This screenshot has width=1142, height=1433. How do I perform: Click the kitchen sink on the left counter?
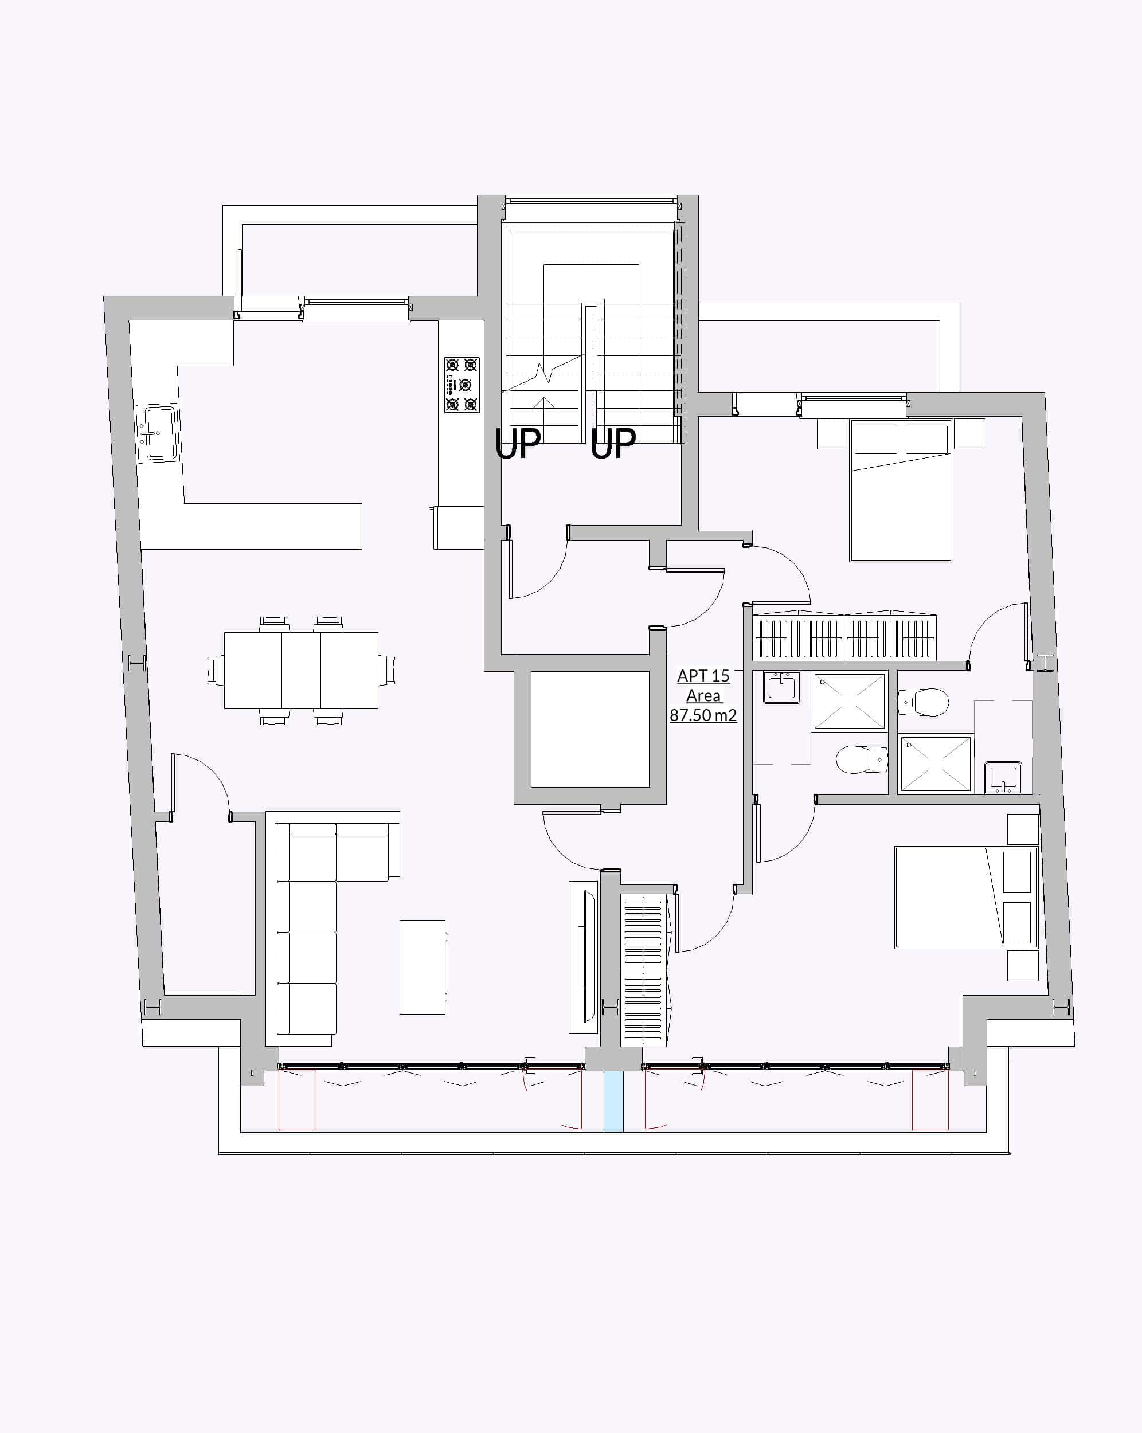coord(158,433)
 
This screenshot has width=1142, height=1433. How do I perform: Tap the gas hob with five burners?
coord(462,385)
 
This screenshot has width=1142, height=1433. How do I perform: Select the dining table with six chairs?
coord(301,670)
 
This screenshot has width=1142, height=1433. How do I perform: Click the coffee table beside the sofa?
coord(422,967)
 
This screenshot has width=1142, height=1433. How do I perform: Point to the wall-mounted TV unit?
coord(584,957)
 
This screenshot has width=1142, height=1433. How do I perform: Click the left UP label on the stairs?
coord(518,444)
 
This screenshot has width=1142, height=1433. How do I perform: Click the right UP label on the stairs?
coord(613,444)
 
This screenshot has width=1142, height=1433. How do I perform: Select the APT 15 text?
coord(703,675)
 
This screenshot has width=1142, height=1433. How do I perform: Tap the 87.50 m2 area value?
coord(703,715)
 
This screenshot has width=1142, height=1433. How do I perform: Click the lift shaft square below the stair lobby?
coord(589,729)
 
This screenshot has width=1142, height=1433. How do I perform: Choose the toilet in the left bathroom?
coord(862,759)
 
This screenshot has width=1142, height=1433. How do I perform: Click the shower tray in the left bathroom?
coord(850,701)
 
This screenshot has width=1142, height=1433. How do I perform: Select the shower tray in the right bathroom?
coord(934,764)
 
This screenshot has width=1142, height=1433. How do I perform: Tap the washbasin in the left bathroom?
coord(782,687)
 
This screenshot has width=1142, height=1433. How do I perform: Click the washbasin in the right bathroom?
coord(1003,777)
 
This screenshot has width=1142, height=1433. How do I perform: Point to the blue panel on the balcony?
coord(613,1102)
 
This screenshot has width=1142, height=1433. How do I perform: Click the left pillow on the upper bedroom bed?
coord(875,439)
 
